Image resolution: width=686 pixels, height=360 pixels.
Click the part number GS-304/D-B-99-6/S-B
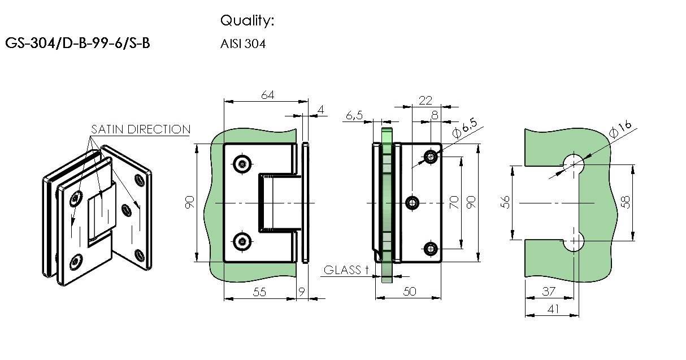point(77,43)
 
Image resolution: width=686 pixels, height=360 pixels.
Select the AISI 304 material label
point(243,44)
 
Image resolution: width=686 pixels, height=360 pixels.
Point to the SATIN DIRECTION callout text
point(141,129)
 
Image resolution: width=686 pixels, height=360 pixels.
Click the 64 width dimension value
point(268,95)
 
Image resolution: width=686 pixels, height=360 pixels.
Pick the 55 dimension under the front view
point(259,292)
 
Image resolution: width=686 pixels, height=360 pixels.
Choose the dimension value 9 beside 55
point(302,292)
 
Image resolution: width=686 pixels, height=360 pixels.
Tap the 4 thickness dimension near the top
point(320,110)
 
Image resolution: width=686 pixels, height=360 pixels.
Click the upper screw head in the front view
point(242,164)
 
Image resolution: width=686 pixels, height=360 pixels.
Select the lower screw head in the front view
point(242,242)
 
